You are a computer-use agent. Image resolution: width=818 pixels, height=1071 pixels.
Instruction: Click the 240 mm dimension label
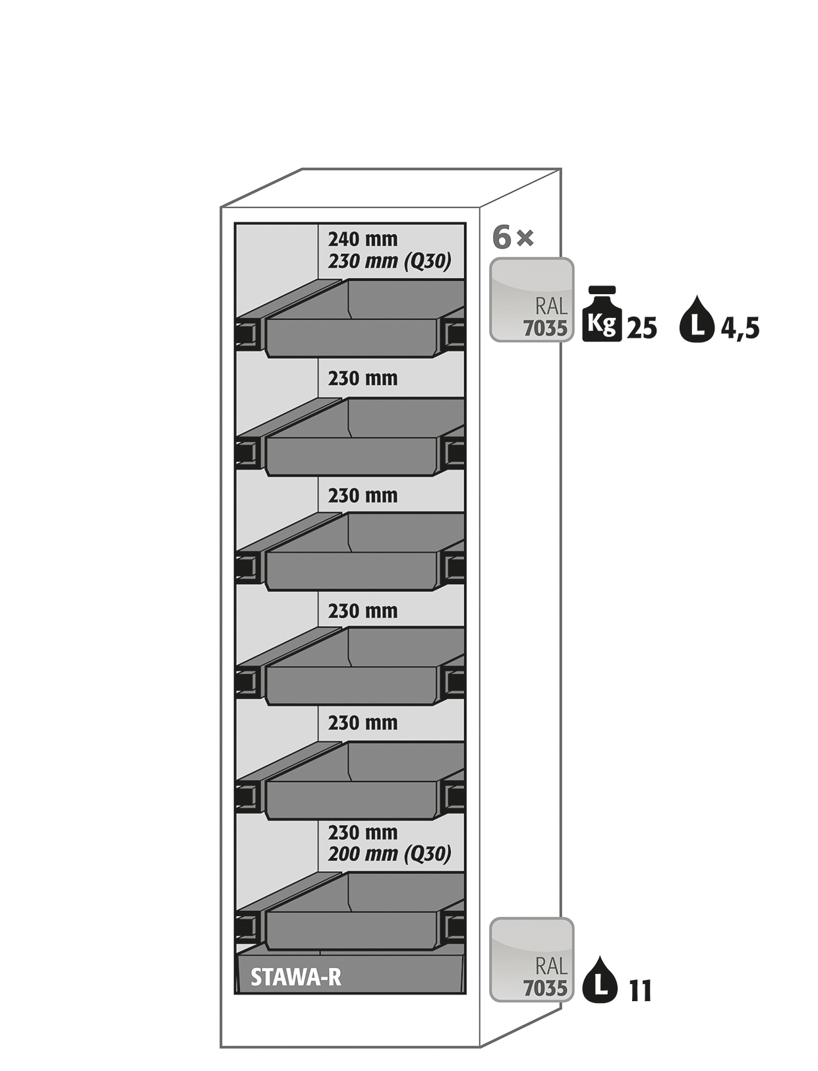tap(363, 239)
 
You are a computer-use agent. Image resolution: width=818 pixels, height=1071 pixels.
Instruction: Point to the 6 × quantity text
tap(513, 237)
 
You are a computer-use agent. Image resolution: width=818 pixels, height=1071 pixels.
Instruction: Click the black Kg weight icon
tap(602, 314)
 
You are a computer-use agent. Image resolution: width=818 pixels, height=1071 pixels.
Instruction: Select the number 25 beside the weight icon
tap(641, 328)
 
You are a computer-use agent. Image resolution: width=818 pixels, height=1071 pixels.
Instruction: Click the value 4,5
tap(740, 328)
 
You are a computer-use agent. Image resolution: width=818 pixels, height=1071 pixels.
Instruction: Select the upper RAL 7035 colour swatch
tap(531, 299)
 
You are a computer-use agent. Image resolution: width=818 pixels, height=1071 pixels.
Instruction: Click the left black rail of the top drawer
tap(249, 334)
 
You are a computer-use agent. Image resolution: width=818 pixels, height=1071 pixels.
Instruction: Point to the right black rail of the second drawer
tap(452, 452)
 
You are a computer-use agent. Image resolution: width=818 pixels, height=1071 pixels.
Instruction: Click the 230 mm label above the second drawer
tap(363, 379)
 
